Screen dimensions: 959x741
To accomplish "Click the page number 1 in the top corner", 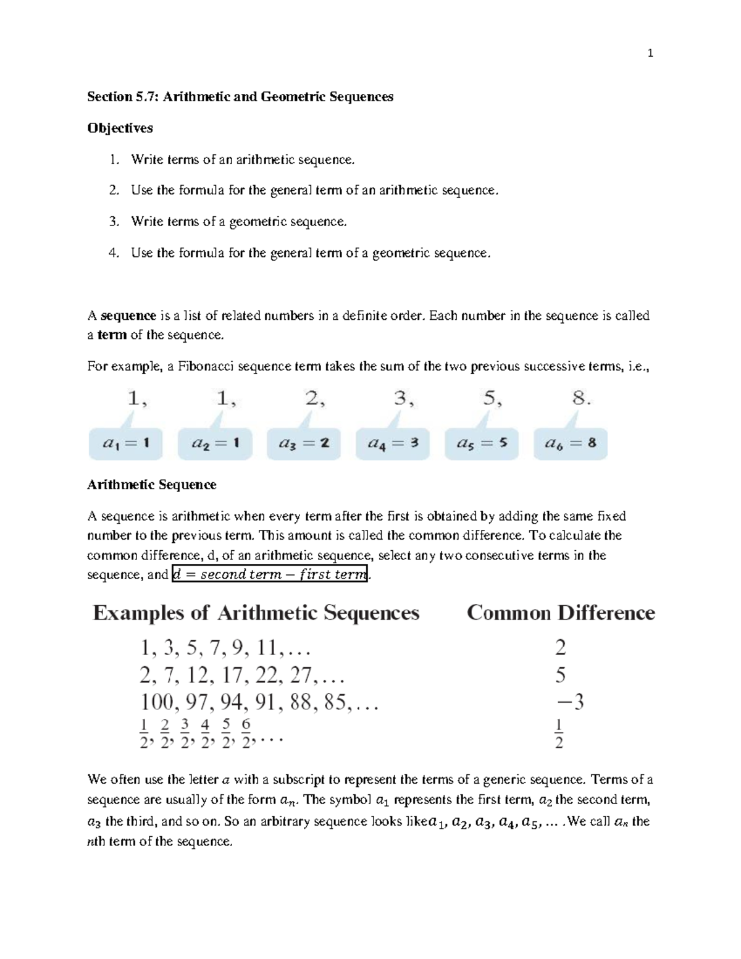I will [x=650, y=53].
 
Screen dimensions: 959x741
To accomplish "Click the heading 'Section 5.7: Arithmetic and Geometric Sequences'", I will [x=240, y=96].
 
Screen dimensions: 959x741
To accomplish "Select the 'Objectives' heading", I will [x=120, y=128].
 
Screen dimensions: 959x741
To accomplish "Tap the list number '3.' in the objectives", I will [x=114, y=222].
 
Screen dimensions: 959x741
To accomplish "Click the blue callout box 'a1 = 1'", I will [x=126, y=443].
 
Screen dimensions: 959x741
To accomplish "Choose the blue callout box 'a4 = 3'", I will [x=393, y=443].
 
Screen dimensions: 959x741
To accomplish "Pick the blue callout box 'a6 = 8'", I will [x=571, y=443].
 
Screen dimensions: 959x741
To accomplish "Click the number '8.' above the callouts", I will [x=581, y=399].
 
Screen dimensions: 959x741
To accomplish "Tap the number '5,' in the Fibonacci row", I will [x=492, y=399].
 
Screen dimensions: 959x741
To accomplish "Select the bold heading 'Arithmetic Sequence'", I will [x=151, y=485].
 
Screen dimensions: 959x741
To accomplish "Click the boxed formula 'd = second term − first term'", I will [x=270, y=574].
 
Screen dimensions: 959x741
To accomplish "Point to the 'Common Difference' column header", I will [x=561, y=613].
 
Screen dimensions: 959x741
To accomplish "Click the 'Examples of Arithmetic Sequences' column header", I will [x=256, y=613].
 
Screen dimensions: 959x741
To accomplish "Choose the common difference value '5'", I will [x=560, y=675].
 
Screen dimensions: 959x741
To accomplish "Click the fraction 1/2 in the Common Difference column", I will [x=559, y=733].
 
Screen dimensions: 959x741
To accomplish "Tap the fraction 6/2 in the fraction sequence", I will [x=246, y=733].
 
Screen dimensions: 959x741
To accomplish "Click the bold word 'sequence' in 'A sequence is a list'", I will [x=128, y=316].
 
